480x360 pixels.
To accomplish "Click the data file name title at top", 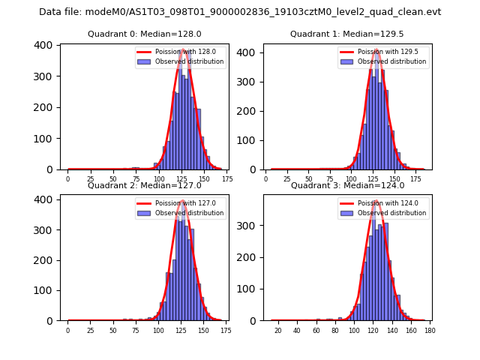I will click(x=240, y=12).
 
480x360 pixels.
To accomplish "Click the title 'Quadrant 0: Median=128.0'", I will click(x=145, y=34).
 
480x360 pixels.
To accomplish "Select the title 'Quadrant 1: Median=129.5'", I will click(x=347, y=34).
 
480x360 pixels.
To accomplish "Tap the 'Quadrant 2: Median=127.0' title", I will click(x=145, y=185).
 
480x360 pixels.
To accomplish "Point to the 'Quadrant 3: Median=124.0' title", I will click(x=347, y=185).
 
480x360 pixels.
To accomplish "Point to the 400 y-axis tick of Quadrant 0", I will click(x=45, y=45).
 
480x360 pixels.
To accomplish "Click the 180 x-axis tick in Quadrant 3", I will click(x=430, y=330).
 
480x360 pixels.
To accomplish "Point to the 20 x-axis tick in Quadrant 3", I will click(x=277, y=330).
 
